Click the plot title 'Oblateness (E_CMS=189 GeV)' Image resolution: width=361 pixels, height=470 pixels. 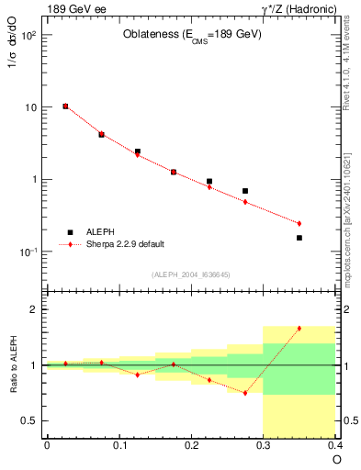pyautogui.click(x=192, y=35)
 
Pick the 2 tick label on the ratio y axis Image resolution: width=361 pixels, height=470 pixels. pyautogui.click(x=31, y=309)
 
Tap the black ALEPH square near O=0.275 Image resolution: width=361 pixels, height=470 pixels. pyautogui.click(x=245, y=191)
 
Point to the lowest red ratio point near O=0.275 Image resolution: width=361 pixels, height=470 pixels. pyautogui.click(x=245, y=393)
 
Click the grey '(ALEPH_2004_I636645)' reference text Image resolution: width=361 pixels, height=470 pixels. pyautogui.click(x=190, y=274)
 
